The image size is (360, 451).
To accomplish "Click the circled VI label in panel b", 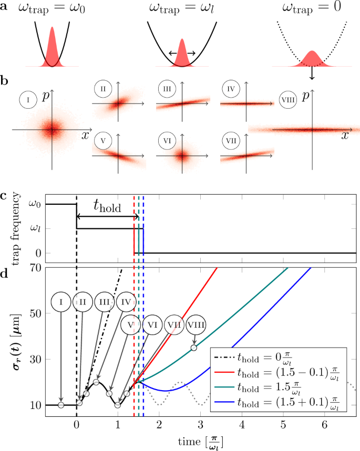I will click(167, 141).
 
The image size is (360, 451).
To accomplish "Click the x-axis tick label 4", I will click(242, 423).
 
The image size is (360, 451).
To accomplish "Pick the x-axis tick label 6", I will click(324, 423).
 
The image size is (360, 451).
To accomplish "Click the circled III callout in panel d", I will click(105, 302).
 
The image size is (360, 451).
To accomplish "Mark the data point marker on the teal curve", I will click(194, 348).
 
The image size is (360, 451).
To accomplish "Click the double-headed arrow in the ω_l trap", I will click(182, 53).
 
